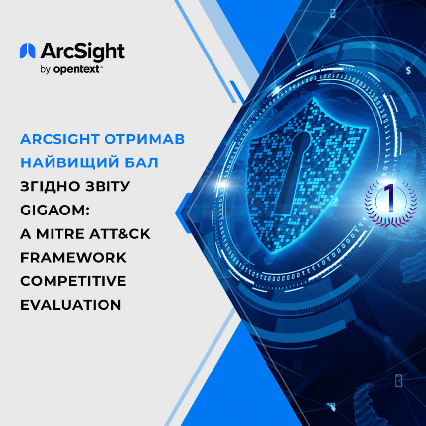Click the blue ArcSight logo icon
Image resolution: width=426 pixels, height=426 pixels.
pos(28,51)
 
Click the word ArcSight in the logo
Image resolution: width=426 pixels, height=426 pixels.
pos(83,52)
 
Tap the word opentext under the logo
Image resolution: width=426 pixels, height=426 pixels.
pos(76,69)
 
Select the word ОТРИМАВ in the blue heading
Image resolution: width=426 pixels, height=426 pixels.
pos(145,139)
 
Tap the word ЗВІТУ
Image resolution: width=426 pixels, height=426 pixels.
pos(107,186)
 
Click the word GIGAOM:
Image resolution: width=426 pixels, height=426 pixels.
pos(55,210)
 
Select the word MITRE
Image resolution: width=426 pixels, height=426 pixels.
pos(60,234)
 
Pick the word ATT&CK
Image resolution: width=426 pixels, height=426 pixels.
pos(120,234)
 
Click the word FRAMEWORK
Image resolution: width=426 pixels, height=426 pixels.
pos(74,257)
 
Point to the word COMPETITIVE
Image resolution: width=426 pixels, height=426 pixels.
pos(73,281)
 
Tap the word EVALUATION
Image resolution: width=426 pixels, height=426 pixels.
pos(71,305)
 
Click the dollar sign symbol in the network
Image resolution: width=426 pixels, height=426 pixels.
pos(408,70)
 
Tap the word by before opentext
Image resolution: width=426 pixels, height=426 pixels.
pos(46,70)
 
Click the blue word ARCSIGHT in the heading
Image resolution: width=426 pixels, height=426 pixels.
pos(60,139)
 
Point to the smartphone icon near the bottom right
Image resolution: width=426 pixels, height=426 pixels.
pos(398,380)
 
